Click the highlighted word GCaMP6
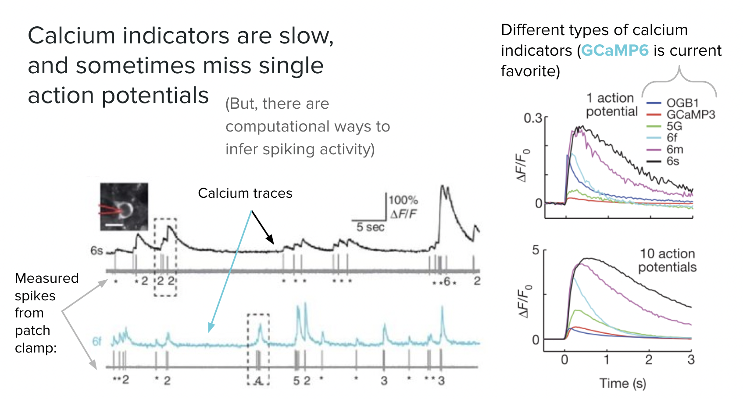tap(614, 51)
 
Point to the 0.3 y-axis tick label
tap(533, 118)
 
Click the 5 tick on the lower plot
tap(536, 250)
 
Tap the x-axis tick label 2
tap(649, 360)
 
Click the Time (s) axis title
tap(623, 383)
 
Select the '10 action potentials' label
tap(667, 260)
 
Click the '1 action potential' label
tap(612, 105)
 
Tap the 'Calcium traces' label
tap(245, 193)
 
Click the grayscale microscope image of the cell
tap(125, 207)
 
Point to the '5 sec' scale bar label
tap(370, 227)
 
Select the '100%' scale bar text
tap(404, 200)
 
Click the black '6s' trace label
tap(96, 251)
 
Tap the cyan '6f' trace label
tap(96, 341)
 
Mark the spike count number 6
tap(447, 281)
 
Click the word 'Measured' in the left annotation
tap(47, 278)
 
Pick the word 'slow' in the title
tap(306, 36)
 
